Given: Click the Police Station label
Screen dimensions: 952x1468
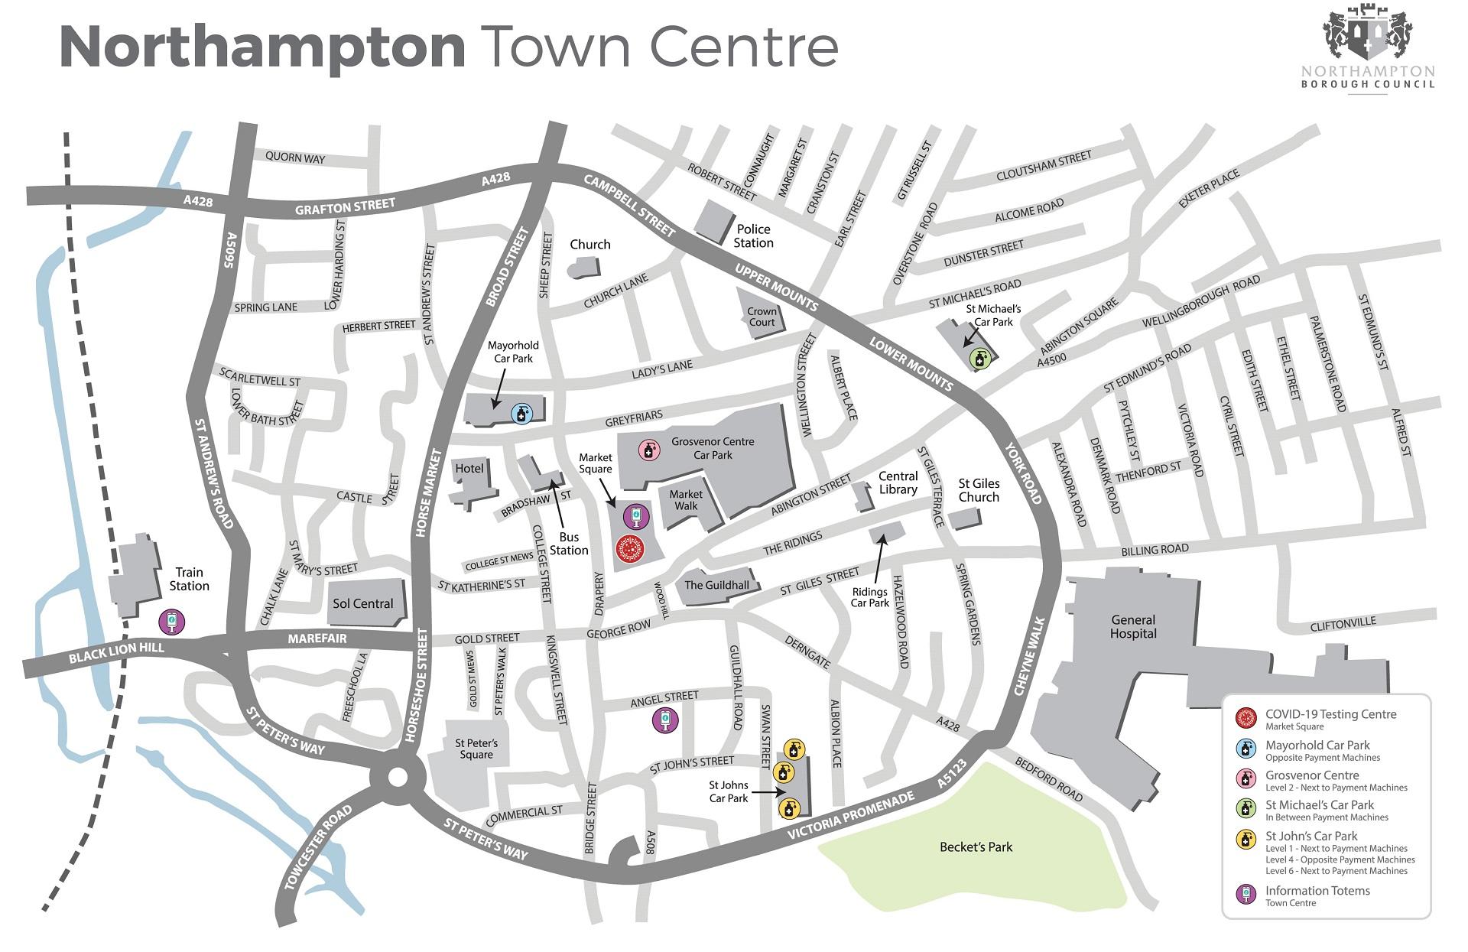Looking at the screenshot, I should coord(753,236).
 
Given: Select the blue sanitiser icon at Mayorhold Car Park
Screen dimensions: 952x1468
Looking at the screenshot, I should coord(521,414).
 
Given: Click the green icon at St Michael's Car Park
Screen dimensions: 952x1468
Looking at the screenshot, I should coord(979,357).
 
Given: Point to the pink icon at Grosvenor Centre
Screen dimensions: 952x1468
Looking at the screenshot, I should coord(649,450).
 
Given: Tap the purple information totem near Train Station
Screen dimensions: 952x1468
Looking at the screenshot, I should coord(172,621).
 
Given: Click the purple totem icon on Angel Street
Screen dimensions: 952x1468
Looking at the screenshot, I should coord(664,720).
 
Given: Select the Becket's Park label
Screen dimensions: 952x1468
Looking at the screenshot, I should coord(976,847).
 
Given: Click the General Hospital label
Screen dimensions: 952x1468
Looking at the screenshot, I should coord(1133,627).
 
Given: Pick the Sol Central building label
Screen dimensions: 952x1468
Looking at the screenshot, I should coord(362,603).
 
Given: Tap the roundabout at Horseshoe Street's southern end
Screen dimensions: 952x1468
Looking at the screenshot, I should coord(398,778).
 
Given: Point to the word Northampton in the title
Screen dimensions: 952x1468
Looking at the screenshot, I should coord(262,47).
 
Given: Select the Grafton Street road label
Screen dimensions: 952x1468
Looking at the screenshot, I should coord(345,206).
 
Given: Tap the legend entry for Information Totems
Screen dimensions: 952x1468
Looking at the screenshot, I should coord(1317,891).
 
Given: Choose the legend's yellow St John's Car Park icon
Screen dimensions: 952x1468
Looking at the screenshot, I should coord(1247,840).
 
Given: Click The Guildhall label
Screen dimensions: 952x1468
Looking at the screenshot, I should coord(716,585).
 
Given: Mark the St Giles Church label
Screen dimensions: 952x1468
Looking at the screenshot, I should coord(979,490).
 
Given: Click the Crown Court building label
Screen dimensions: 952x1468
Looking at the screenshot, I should coord(762,317).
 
